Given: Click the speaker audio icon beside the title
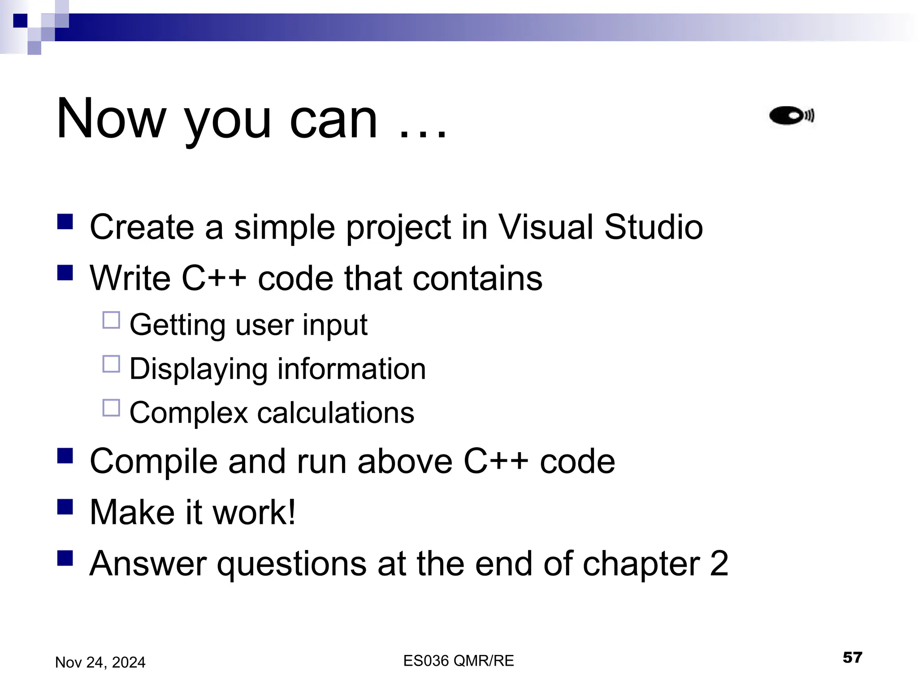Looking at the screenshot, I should click(792, 116).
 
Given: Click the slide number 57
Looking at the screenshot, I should click(852, 658).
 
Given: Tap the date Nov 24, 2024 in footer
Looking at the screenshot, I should click(100, 663).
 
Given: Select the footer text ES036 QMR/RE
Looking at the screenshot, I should click(458, 661).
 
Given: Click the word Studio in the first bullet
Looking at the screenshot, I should click(653, 227).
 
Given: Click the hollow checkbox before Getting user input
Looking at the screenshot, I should click(111, 320).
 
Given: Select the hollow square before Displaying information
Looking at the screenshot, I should click(111, 364).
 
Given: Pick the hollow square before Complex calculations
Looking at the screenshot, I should click(111, 408).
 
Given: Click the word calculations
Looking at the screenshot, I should click(335, 413).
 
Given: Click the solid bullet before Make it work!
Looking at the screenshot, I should click(65, 508).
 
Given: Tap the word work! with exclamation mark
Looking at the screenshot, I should click(254, 512).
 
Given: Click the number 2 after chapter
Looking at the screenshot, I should click(719, 563).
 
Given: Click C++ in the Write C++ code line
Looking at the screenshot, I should click(214, 278).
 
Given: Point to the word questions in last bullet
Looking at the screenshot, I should click(291, 564).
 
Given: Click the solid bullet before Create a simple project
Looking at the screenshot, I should click(65, 222).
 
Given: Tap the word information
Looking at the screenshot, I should click(351, 369).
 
